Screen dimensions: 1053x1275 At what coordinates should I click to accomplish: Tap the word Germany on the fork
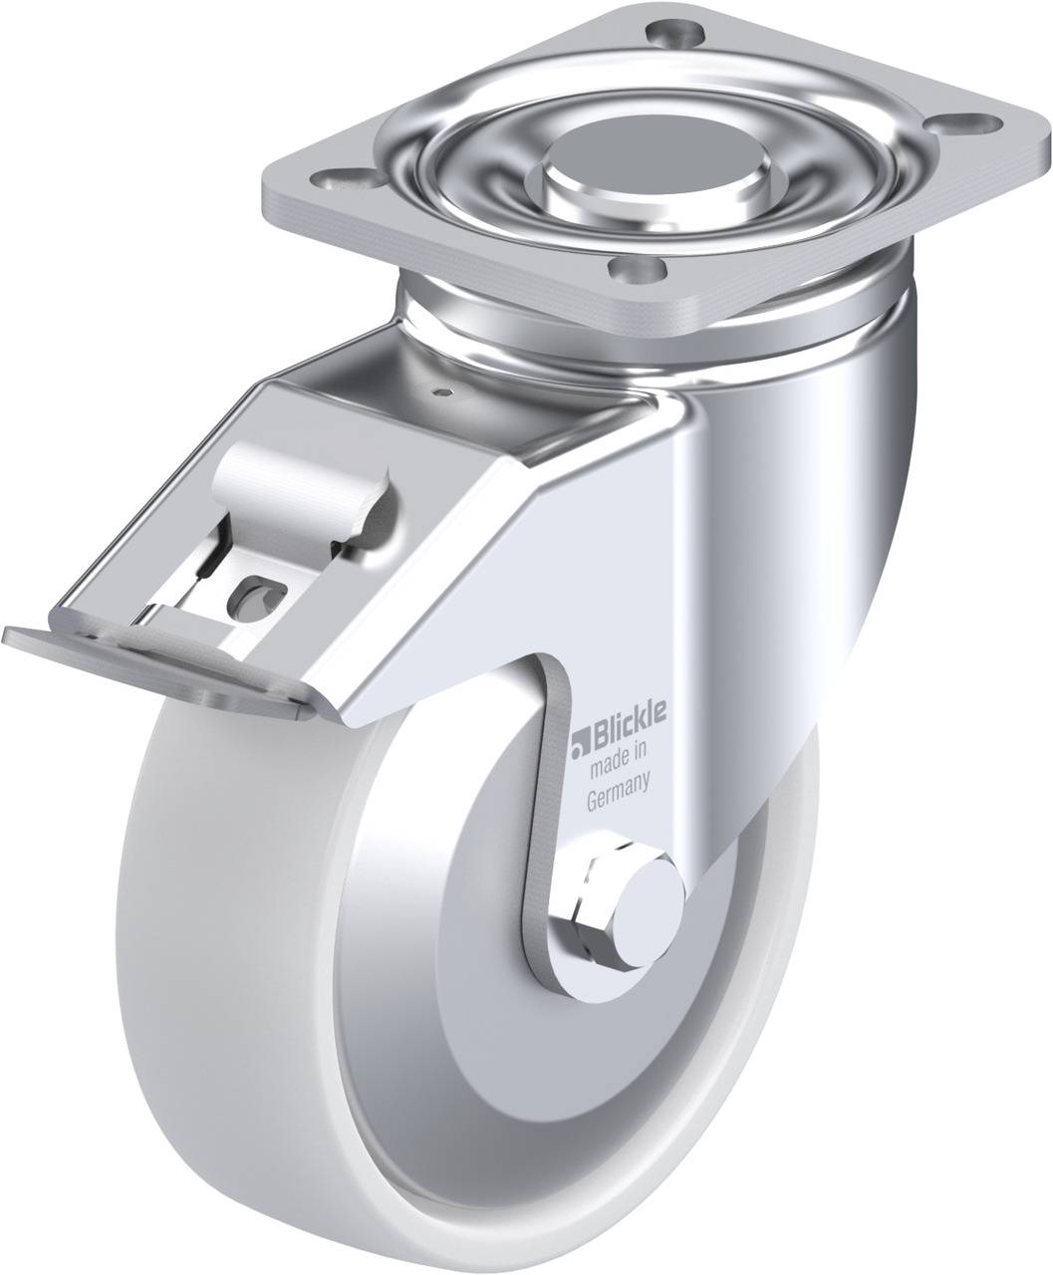tap(618, 793)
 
